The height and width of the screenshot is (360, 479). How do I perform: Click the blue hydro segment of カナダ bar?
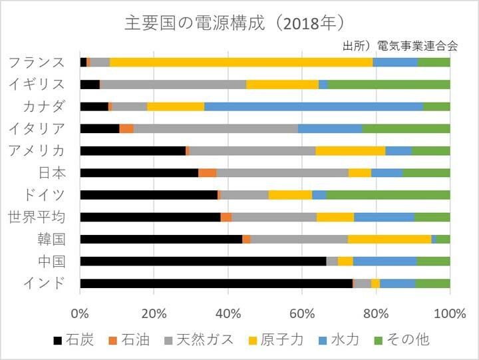pos(313,106)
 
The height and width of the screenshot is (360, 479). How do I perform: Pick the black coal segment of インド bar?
pos(216,283)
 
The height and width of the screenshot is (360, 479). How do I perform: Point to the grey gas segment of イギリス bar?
pos(173,85)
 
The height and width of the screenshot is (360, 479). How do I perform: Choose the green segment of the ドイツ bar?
pos(388,195)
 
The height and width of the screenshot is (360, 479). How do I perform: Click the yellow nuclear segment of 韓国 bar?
pos(389,239)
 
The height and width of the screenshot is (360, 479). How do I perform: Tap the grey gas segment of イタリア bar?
pos(216,128)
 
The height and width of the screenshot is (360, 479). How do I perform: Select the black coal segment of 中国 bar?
pos(203,261)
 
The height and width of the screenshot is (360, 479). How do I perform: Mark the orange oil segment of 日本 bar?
pos(207,173)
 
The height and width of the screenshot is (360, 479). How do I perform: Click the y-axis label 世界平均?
pos(37,217)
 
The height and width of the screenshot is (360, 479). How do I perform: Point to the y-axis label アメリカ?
pos(37,150)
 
